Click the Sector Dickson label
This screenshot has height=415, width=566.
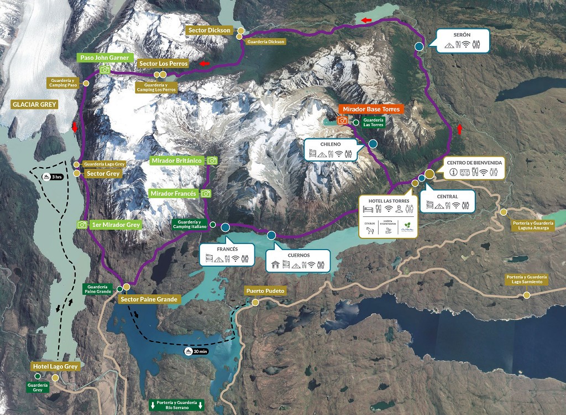(209, 30)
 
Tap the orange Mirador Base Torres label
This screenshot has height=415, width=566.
(370, 109)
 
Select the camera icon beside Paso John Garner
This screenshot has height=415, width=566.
(105, 70)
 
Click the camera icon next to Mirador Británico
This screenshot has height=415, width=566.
(212, 160)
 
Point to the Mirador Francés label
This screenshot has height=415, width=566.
(174, 194)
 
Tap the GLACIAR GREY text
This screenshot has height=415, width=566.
(34, 103)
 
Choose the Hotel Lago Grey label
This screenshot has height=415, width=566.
(56, 366)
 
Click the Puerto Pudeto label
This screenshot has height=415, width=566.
(265, 291)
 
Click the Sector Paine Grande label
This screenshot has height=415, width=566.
(149, 299)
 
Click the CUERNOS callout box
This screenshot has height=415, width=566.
(298, 261)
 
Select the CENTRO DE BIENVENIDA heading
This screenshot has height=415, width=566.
(474, 163)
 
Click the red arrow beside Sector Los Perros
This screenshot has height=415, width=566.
(203, 64)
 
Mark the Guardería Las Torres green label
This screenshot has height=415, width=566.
(374, 122)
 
